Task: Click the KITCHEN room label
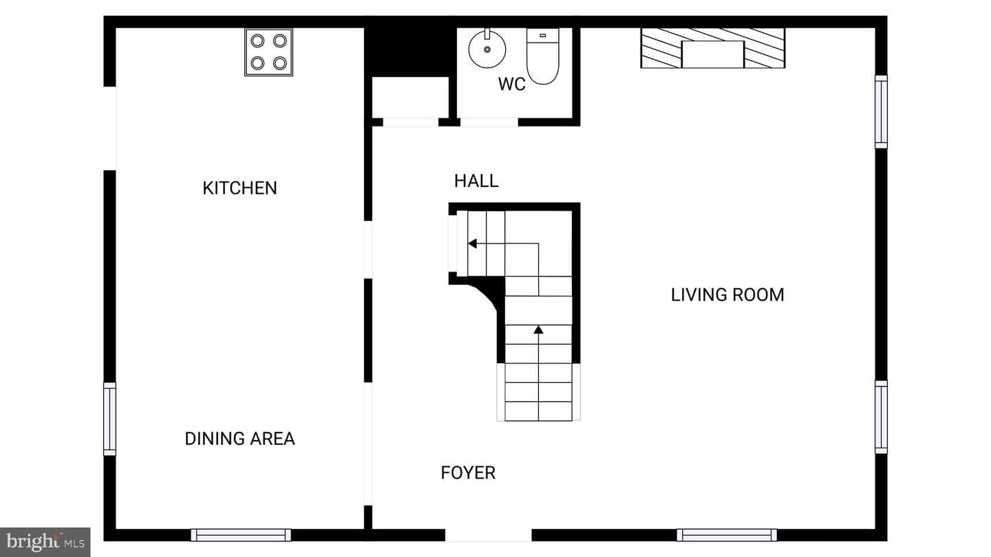coord(239,188)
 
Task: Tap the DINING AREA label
coord(239,439)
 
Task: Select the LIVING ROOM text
coord(728,295)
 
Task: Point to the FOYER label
coord(468,473)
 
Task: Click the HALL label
coord(476,181)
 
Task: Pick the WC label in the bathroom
coord(512,84)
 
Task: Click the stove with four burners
coord(268,52)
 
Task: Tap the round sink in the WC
coord(487,48)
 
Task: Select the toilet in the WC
coord(543,56)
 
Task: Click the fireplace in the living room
coord(713,48)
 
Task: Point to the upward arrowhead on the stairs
coord(538,329)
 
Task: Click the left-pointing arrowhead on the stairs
coord(473,243)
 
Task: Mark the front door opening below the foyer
coord(489,535)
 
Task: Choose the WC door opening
coord(489,122)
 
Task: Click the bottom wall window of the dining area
coord(241,535)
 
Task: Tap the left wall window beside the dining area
coord(109,419)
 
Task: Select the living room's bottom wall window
coord(727,535)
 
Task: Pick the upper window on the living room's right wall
coord(882,112)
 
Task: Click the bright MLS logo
coord(45,542)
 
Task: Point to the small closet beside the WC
coord(411,97)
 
